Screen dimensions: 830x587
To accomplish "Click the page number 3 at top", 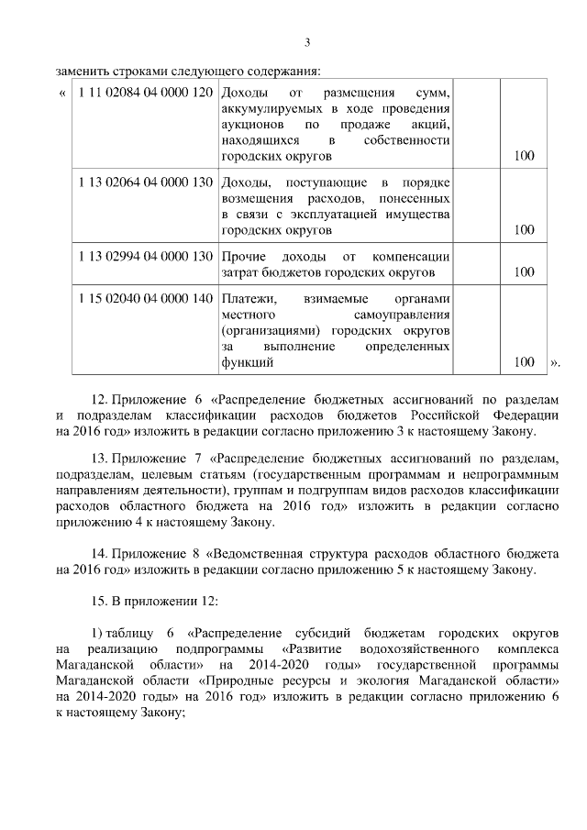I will [307, 42].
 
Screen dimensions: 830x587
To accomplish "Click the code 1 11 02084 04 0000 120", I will [146, 93].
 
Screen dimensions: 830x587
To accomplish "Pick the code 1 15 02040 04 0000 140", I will [146, 299].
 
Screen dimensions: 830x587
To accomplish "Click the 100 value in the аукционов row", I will [524, 156].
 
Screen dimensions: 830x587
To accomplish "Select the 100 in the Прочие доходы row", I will [524, 271].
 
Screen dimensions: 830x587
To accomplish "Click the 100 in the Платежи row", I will [524, 362].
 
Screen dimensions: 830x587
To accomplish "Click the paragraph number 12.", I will [100, 401].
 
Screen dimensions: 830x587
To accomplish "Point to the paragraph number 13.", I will [100, 458].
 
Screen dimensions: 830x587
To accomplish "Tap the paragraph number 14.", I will [100, 555].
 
